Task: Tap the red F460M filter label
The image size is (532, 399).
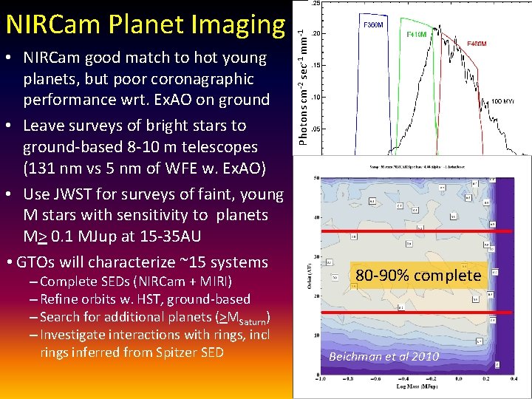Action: pyautogui.click(x=477, y=44)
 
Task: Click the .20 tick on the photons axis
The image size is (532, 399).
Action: pyautogui.click(x=316, y=34)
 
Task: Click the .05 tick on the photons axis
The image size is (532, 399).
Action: pyautogui.click(x=316, y=129)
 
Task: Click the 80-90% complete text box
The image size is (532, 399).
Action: pyautogui.click(x=418, y=276)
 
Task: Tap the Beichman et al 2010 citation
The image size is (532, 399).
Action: pyautogui.click(x=383, y=356)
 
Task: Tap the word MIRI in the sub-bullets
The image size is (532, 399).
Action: pyautogui.click(x=211, y=282)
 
